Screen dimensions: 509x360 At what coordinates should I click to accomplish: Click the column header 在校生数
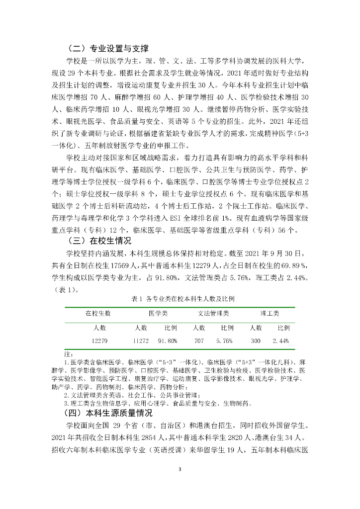point(98,314)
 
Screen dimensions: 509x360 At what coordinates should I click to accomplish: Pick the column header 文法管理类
point(214,314)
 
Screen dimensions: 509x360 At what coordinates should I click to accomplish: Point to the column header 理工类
point(270,314)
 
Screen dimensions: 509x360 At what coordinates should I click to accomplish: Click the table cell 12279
point(100,341)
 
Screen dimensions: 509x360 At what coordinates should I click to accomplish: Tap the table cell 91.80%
point(168,341)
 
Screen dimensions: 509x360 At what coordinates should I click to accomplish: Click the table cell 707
point(199,341)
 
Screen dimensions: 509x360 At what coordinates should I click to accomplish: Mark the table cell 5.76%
point(225,341)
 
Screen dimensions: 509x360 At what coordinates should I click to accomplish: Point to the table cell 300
point(256,341)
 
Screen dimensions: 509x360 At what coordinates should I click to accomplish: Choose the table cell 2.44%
point(281,341)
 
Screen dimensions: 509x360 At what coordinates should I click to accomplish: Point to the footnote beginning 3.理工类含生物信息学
point(154,403)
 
